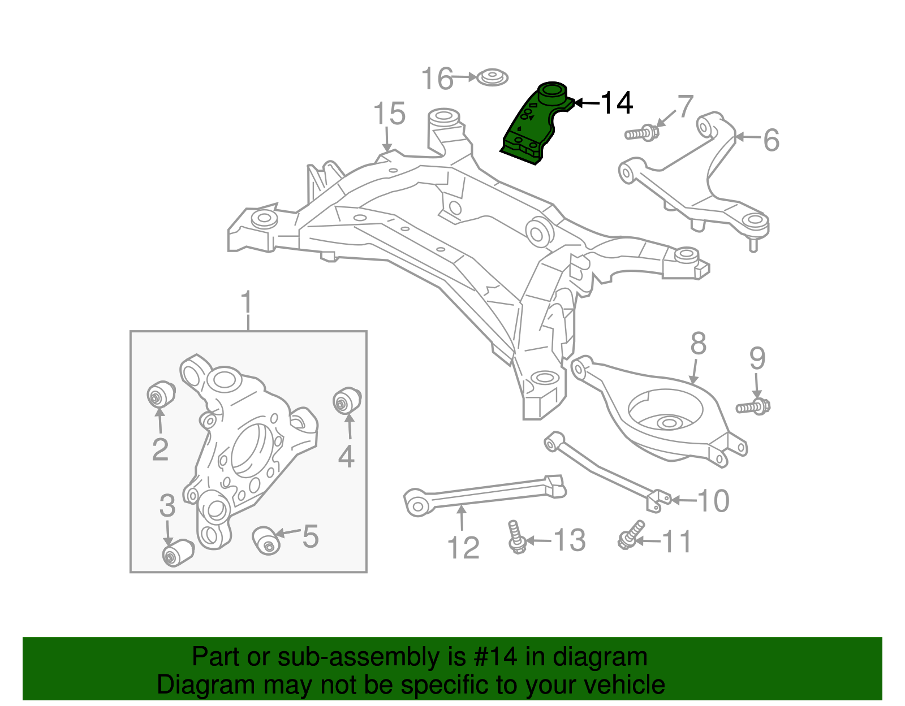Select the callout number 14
point(616,103)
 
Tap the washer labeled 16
point(492,77)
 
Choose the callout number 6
point(771,140)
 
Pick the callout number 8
point(699,344)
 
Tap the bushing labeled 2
point(161,394)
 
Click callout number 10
point(713,501)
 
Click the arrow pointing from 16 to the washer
point(465,77)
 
